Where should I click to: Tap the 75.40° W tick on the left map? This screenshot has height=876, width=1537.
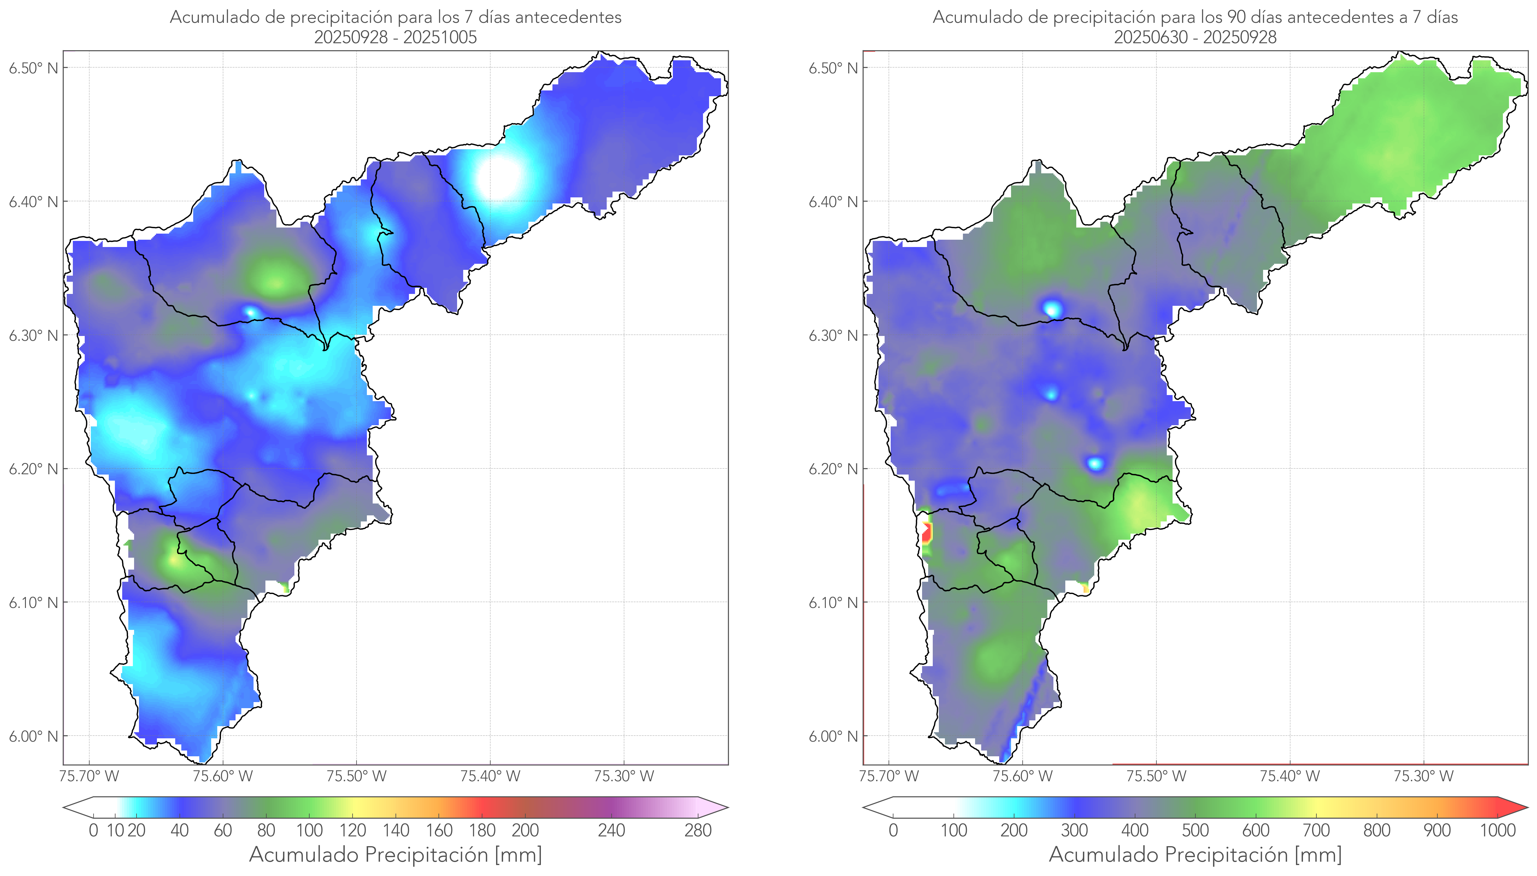(490, 776)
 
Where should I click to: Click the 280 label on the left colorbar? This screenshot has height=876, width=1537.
(698, 830)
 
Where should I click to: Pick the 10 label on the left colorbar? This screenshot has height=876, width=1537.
(115, 830)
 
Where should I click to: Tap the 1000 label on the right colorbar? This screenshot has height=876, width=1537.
(1497, 830)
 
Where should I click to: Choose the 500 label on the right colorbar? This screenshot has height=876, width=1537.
(1195, 830)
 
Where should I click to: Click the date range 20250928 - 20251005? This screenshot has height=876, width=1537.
(396, 37)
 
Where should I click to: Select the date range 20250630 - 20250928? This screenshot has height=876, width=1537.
(1195, 37)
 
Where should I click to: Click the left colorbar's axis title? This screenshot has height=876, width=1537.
(396, 854)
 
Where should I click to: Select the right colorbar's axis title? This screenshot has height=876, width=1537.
(1195, 854)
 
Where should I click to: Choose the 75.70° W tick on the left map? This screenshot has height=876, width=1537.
(90, 776)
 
